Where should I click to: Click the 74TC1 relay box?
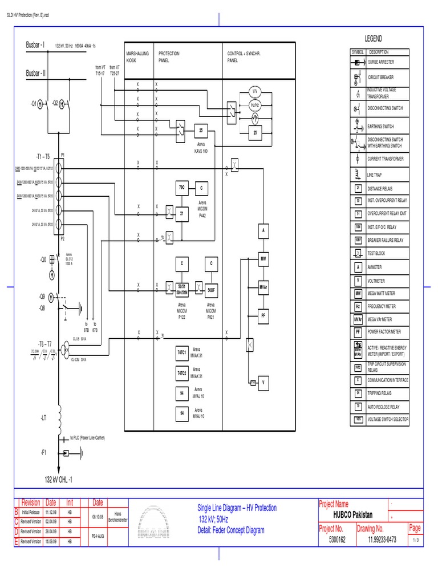(182, 354)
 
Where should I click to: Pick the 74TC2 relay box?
(182, 373)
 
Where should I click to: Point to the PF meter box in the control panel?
(263, 314)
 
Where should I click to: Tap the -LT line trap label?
(44, 418)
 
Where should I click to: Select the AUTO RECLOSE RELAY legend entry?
(388, 406)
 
